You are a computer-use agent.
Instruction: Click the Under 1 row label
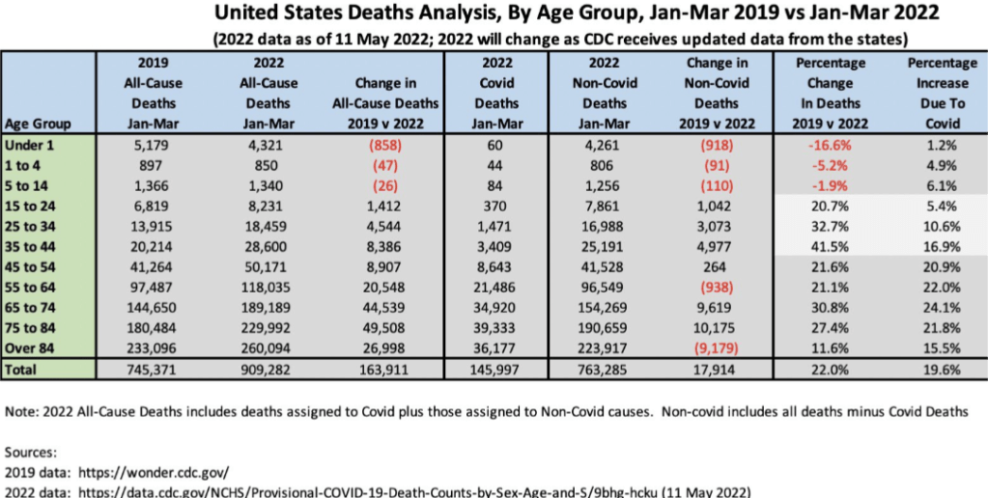pyautogui.click(x=27, y=144)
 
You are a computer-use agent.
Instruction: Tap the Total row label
pyautogui.click(x=21, y=368)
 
